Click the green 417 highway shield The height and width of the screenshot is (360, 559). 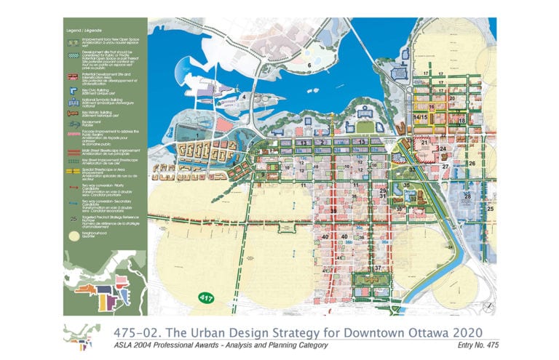(x=206, y=298)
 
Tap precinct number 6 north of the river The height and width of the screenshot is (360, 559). (x=309, y=65)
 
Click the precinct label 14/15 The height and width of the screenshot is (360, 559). (x=420, y=117)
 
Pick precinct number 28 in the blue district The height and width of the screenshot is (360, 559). (x=468, y=196)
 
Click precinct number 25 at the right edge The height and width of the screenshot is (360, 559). (x=490, y=209)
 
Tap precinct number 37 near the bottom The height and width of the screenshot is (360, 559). (x=378, y=268)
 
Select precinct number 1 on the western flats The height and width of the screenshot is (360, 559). (x=197, y=135)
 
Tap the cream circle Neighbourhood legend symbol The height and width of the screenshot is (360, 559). (x=74, y=236)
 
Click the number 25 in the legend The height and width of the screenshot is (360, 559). (x=73, y=217)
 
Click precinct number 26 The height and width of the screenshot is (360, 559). (x=472, y=164)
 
